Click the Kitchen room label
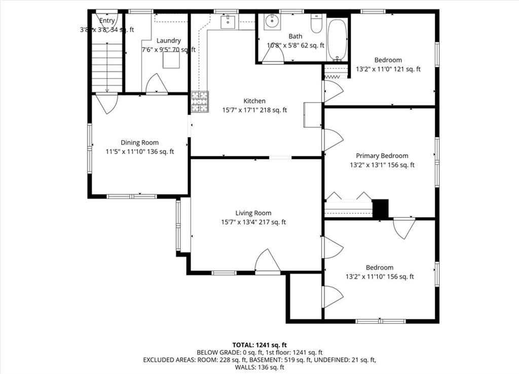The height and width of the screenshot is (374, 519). coord(254,101)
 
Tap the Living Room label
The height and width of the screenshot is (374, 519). coord(253,213)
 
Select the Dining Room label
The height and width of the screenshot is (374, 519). coord(139,142)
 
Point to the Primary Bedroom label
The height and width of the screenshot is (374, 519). coord(382,156)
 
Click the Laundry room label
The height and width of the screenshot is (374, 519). coord(168,41)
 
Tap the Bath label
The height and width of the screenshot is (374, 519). coord(295,36)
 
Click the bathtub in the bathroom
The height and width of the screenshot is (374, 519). coord(337,39)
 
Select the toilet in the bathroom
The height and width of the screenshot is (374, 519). coord(317,23)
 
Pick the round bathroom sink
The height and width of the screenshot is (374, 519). coord(272,22)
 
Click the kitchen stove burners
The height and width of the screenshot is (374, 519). coord(200,101)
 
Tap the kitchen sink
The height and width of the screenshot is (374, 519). coord(228,22)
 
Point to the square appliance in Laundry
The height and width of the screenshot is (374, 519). coord(171,60)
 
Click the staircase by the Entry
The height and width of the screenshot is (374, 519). coord(107,67)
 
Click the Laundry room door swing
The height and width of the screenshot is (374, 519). coord(157,84)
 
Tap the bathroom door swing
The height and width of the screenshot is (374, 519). coord(273,53)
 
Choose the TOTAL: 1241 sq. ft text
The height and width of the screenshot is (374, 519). coord(259,345)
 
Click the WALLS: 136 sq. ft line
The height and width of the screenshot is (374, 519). coord(259,367)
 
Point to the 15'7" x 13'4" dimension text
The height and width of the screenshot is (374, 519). coord(253,222)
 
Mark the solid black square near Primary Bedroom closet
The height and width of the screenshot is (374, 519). coord(380,208)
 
